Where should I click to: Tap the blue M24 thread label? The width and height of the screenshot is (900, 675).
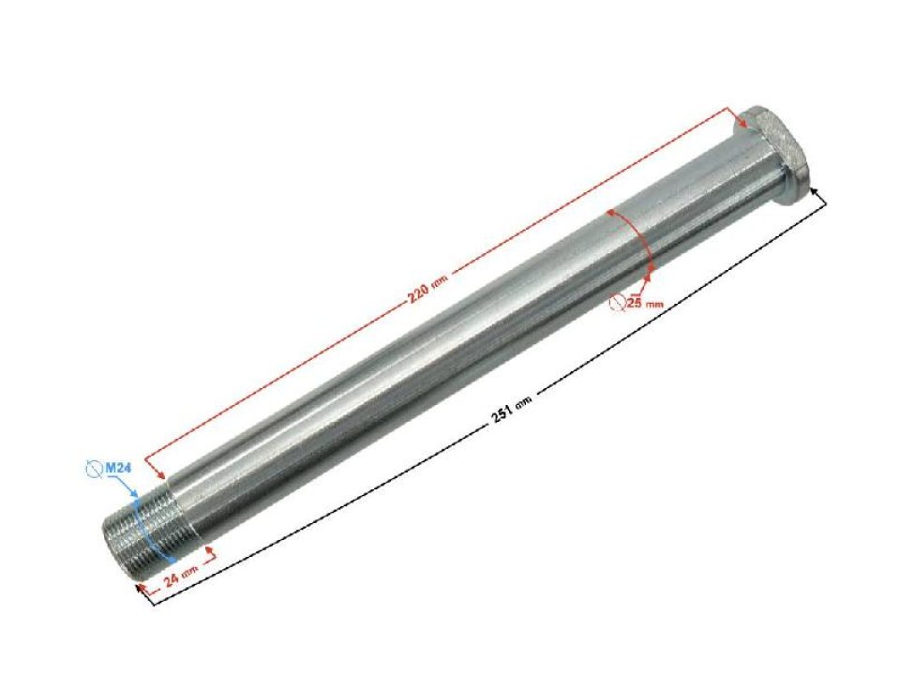pos(119,467)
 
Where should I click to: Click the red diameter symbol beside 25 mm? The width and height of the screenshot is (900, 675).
pos(617,302)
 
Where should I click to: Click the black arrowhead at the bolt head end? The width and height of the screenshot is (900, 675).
pos(821,191)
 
